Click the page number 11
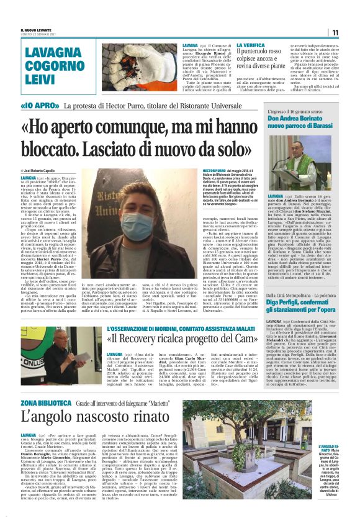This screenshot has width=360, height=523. tap(334, 32)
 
